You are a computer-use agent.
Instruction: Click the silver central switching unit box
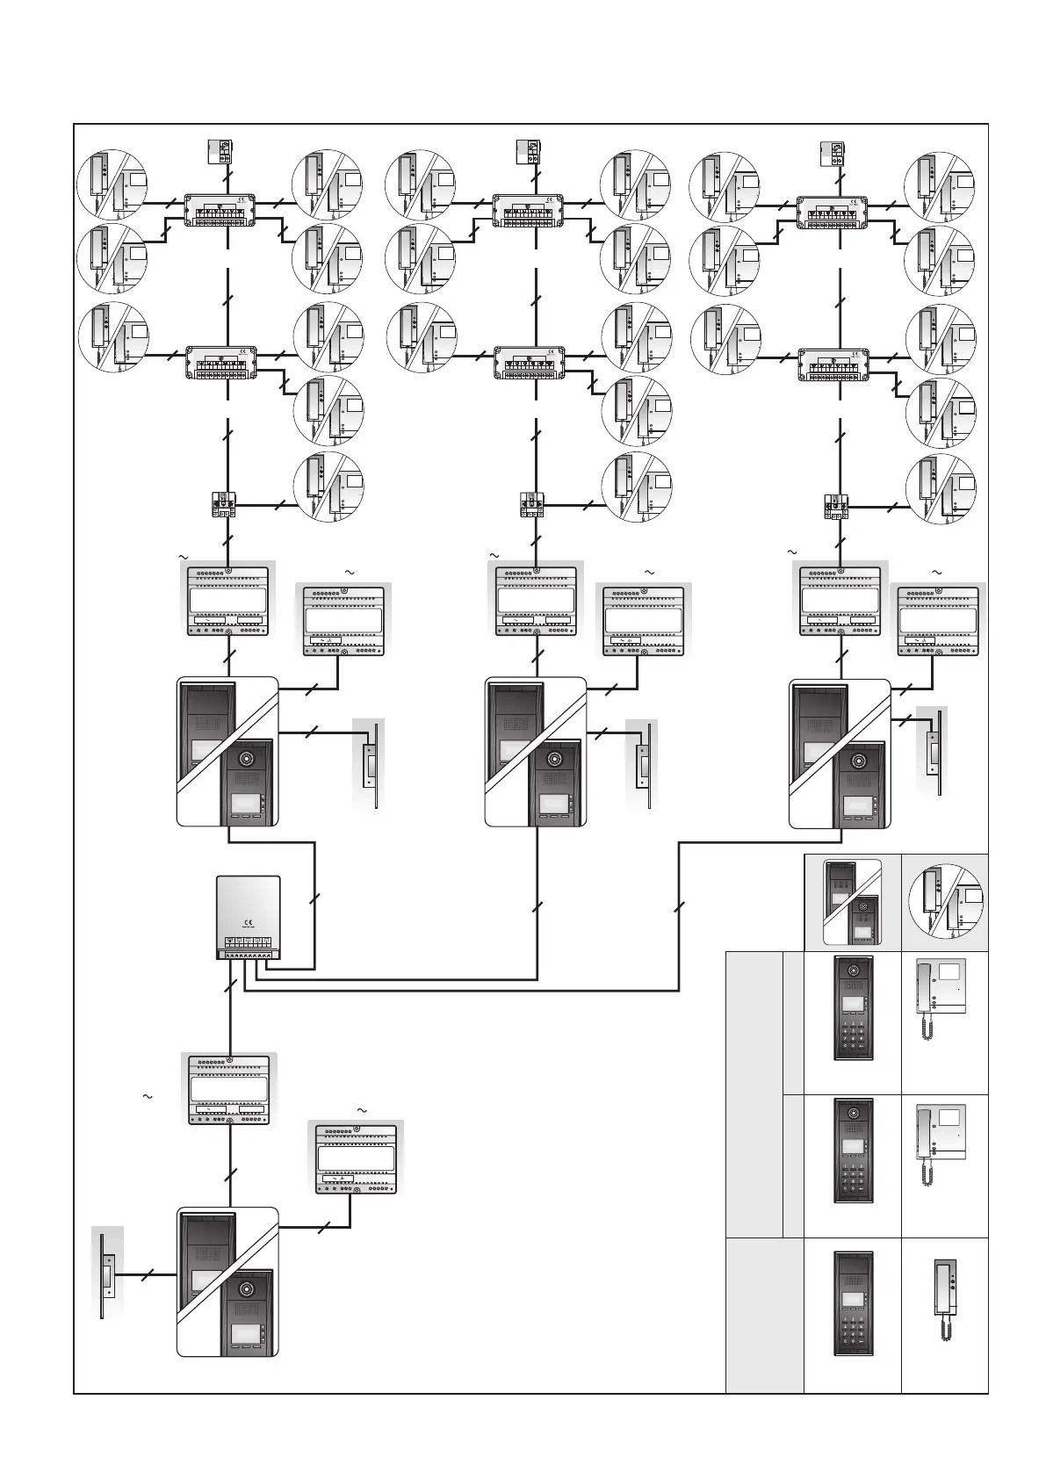249,917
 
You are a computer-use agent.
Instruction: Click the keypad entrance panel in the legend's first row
852,1007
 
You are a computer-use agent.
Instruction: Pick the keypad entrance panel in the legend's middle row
852,1150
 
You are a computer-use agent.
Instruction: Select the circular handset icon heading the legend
945,900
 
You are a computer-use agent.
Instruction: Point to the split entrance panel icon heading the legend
852,901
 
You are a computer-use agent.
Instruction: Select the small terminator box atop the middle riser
529,152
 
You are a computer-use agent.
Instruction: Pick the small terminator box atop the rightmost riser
831,154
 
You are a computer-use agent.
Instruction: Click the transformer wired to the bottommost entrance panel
357,1157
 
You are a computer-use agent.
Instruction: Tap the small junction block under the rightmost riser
834,507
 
